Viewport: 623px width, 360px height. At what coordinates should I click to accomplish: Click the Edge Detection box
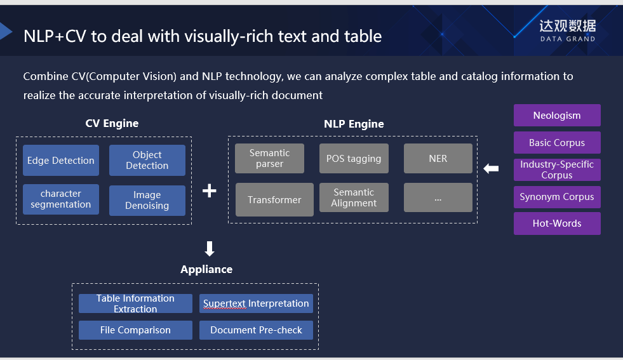(61, 161)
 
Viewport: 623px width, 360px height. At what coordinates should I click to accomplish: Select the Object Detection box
(147, 160)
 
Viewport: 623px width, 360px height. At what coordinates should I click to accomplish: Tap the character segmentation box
(61, 199)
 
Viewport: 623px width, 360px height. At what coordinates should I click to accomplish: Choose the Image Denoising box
(147, 200)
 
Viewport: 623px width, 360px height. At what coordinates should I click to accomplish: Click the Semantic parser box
(269, 158)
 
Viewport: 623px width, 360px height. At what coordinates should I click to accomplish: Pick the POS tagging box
(354, 158)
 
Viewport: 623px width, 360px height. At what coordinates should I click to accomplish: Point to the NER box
(438, 158)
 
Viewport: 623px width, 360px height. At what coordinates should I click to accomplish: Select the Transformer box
(274, 199)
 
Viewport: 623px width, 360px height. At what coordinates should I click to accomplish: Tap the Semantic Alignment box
(354, 197)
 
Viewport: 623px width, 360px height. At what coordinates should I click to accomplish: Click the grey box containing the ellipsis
(438, 197)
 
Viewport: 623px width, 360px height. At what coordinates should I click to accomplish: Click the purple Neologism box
(557, 116)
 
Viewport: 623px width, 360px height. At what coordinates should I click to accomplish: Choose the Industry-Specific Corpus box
(557, 170)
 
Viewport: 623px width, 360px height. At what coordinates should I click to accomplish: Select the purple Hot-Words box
(557, 223)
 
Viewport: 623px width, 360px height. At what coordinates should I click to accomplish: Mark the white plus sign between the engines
(210, 190)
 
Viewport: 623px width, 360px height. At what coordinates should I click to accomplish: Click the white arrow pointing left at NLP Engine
(491, 169)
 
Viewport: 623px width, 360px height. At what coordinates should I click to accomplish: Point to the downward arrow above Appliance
(210, 248)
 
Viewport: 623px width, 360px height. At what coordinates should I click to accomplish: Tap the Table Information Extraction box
(135, 303)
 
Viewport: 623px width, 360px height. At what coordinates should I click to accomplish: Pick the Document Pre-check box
(257, 330)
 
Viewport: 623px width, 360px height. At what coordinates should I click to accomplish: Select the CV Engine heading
(112, 123)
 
